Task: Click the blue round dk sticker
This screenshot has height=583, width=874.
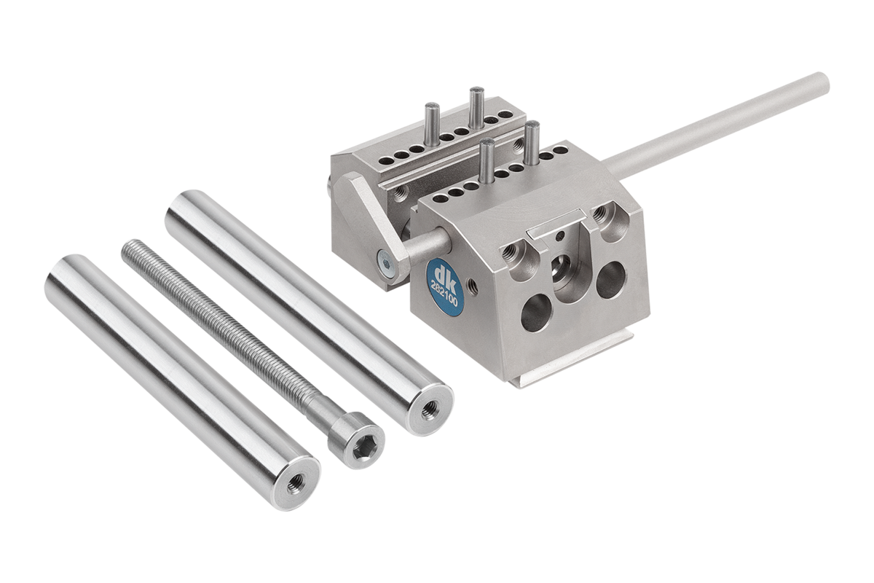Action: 445,287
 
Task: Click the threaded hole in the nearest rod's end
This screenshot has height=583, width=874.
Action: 296,485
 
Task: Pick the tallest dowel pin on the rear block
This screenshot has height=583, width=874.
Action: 476,107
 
